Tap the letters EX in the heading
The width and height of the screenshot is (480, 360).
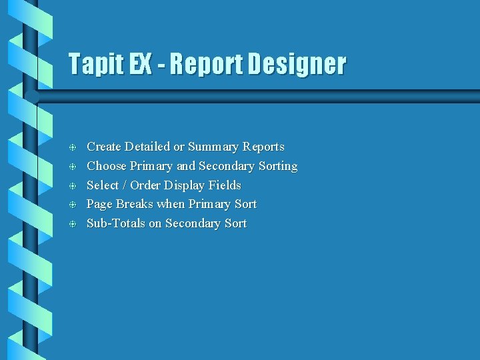pyautogui.click(x=140, y=65)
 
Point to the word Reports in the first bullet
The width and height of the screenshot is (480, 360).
pyautogui.click(x=263, y=147)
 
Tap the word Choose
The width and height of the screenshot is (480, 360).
pyautogui.click(x=107, y=166)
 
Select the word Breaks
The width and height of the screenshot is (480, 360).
pyautogui.click(x=135, y=204)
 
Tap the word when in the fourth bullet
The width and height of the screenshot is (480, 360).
pyautogui.click(x=171, y=204)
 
